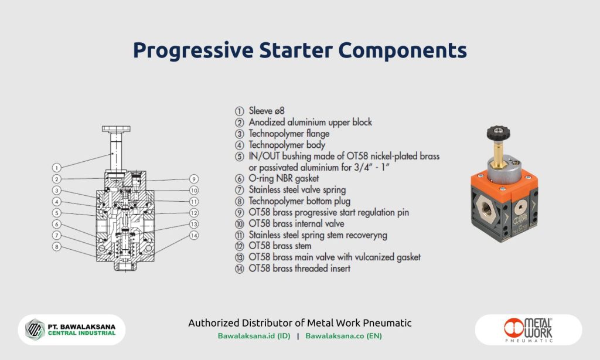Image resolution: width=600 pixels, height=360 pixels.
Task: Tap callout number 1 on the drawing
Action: (56, 167)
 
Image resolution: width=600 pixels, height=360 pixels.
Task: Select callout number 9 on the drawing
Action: (194, 179)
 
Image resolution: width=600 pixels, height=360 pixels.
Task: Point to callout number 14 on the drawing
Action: (194, 235)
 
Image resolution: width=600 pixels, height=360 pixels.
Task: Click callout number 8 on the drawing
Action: (56, 247)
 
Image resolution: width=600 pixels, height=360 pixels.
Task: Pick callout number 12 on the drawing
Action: (194, 213)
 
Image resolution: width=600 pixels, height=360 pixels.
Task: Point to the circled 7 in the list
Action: (239, 190)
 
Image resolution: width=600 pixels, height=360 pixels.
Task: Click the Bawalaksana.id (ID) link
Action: (254, 337)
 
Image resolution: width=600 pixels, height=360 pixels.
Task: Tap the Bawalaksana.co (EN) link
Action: (344, 337)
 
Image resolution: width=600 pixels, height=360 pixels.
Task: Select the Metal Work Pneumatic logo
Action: (528, 330)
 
